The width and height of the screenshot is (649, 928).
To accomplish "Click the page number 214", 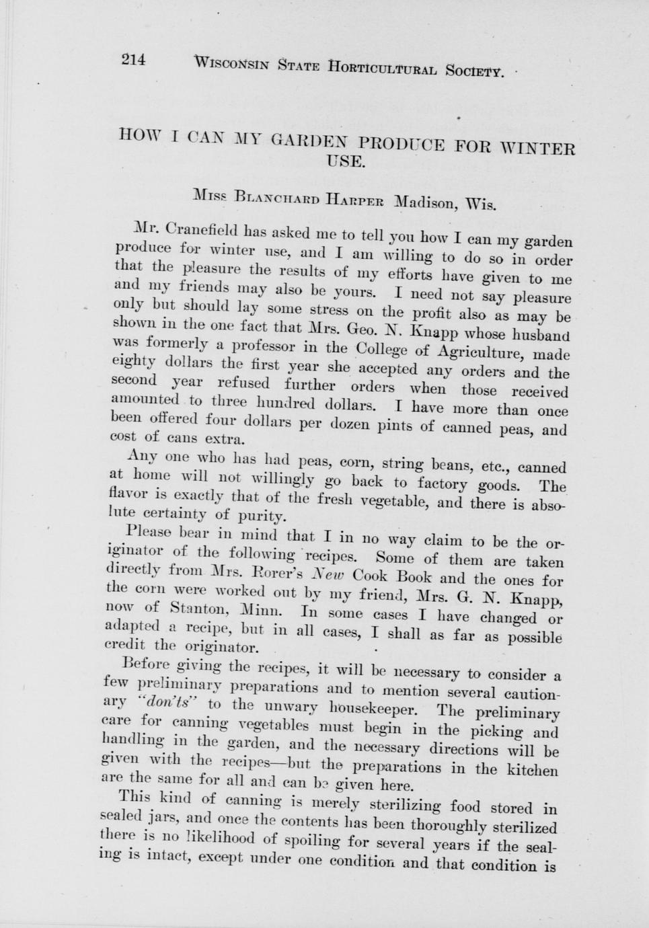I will click(x=133, y=59).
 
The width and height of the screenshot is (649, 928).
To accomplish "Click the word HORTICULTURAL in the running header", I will click(x=382, y=67).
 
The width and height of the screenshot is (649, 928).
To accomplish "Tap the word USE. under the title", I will click(x=346, y=161).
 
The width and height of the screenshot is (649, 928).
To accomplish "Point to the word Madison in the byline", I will click(x=425, y=202).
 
